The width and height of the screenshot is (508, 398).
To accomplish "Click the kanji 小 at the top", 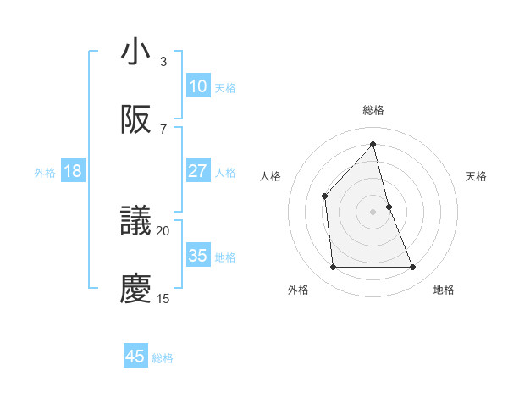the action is coord(135,53).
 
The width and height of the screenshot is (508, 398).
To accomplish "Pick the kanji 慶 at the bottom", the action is coord(135,289).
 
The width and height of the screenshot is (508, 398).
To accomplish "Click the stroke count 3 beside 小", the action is coord(163,62).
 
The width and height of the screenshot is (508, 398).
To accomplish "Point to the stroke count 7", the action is coord(163,129).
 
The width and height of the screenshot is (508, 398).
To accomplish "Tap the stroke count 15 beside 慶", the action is coord(163,298).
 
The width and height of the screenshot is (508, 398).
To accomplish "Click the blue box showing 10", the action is coord(197,86).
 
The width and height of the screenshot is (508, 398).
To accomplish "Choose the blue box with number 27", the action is coord(197,171).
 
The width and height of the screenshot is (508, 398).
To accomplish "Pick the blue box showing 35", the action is coord(197,256).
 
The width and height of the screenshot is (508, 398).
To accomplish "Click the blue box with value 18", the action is coord(73,171).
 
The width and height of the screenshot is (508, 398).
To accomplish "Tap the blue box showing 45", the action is coord(135,357).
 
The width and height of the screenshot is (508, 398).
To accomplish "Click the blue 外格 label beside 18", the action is coord(45,172).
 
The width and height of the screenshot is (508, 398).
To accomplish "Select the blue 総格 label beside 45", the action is coord(163,357).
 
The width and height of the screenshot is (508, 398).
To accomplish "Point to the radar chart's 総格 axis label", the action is coord(373,110).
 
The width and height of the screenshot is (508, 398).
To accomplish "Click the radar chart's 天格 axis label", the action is coord(477,176).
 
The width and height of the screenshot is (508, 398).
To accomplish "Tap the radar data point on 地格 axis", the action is coord(413,268).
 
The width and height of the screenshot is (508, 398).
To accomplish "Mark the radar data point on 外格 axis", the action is coord(333,268).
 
